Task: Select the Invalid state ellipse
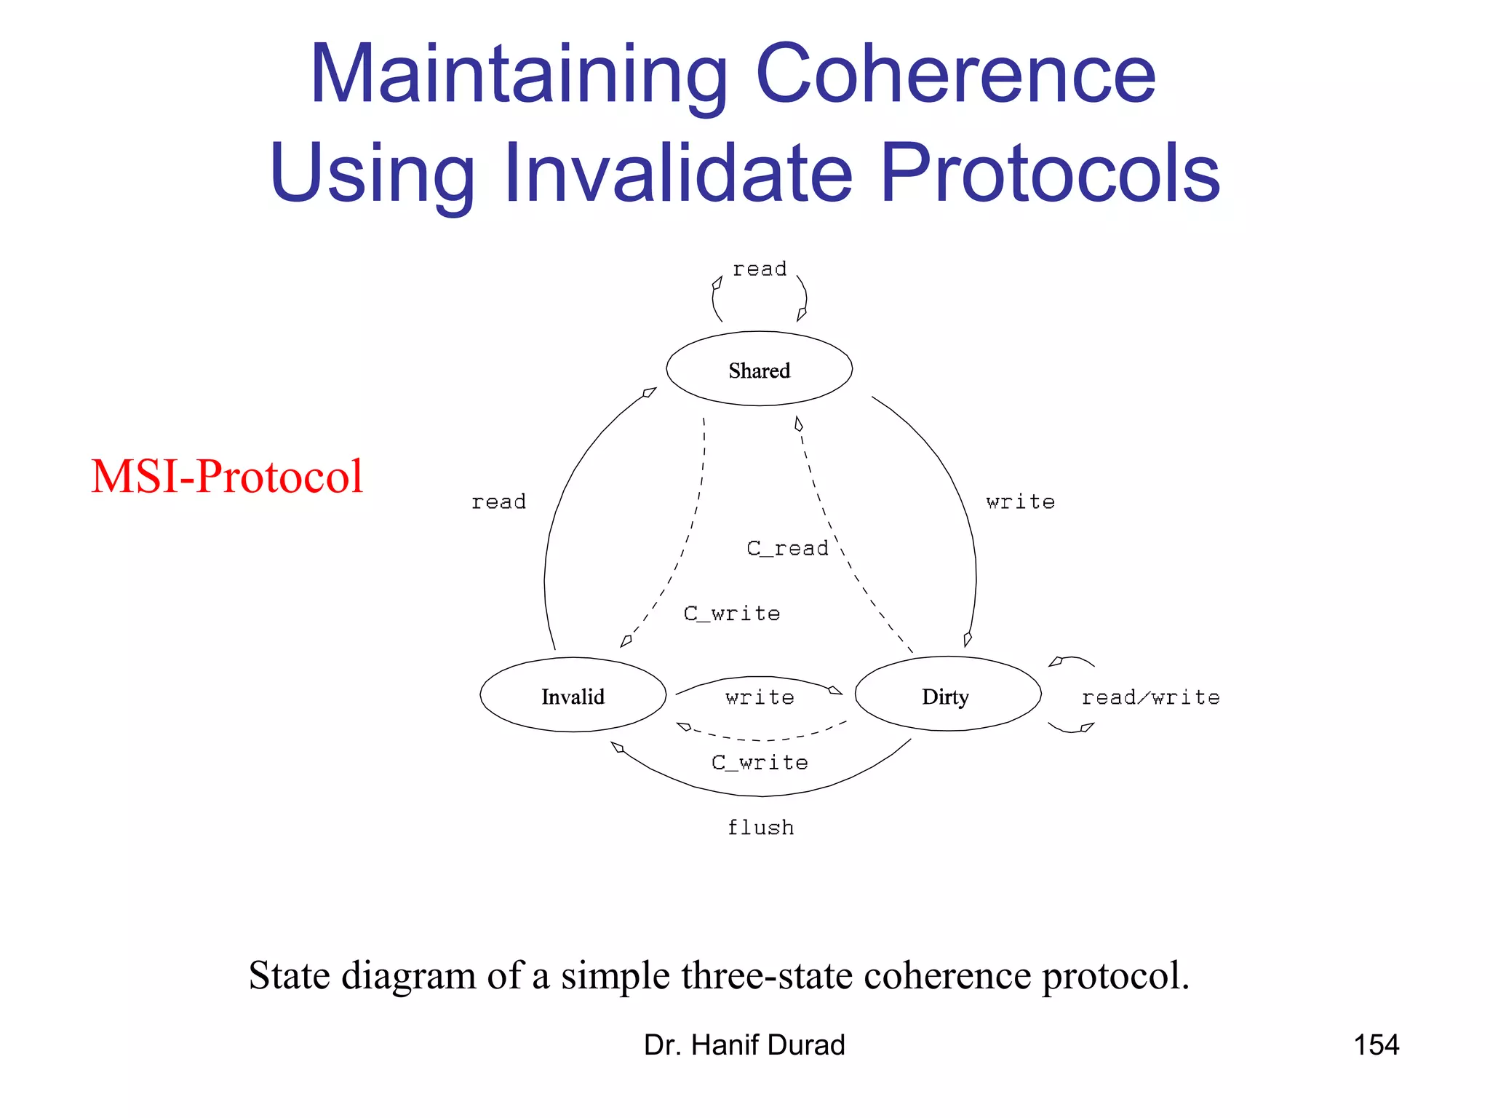coord(573,696)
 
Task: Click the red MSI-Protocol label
coord(226,477)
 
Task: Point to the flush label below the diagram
coord(760,828)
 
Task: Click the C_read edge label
coord(787,548)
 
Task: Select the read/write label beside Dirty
coord(1150,697)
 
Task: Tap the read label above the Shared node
coord(759,269)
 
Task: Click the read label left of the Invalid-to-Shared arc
coord(498,501)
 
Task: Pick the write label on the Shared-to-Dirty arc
coord(1020,501)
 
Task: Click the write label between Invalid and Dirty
coord(759,697)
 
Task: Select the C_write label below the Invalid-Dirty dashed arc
coord(759,762)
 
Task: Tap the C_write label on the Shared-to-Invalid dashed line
coord(731,614)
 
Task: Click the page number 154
coord(1376,1045)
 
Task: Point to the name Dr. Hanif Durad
coord(744,1045)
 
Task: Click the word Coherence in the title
coord(955,74)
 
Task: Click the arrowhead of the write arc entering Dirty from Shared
coord(967,639)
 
